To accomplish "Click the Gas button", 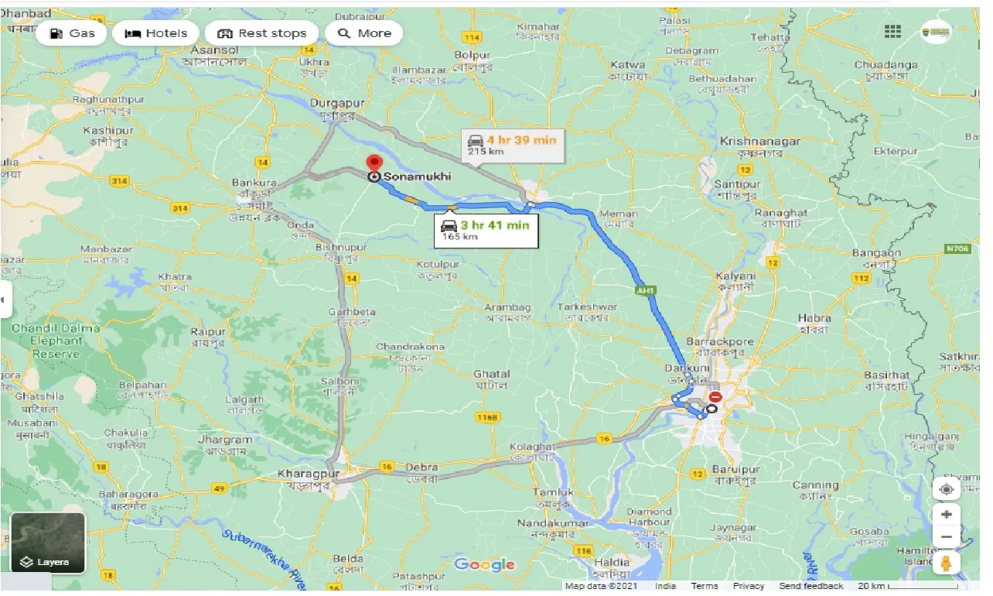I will pyautogui.click(x=72, y=33).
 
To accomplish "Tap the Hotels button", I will pyautogui.click(x=156, y=33).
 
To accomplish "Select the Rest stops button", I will pyautogui.click(x=262, y=33).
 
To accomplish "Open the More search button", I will pyautogui.click(x=364, y=33).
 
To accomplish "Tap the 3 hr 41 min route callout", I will pyautogui.click(x=486, y=230).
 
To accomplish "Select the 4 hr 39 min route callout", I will pyautogui.click(x=513, y=145).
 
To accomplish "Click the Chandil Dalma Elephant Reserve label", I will pyautogui.click(x=56, y=341).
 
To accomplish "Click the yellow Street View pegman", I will pyautogui.click(x=946, y=563).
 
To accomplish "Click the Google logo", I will pyautogui.click(x=484, y=564).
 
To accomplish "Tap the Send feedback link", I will pyautogui.click(x=810, y=586).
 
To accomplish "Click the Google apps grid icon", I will pyautogui.click(x=892, y=32).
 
